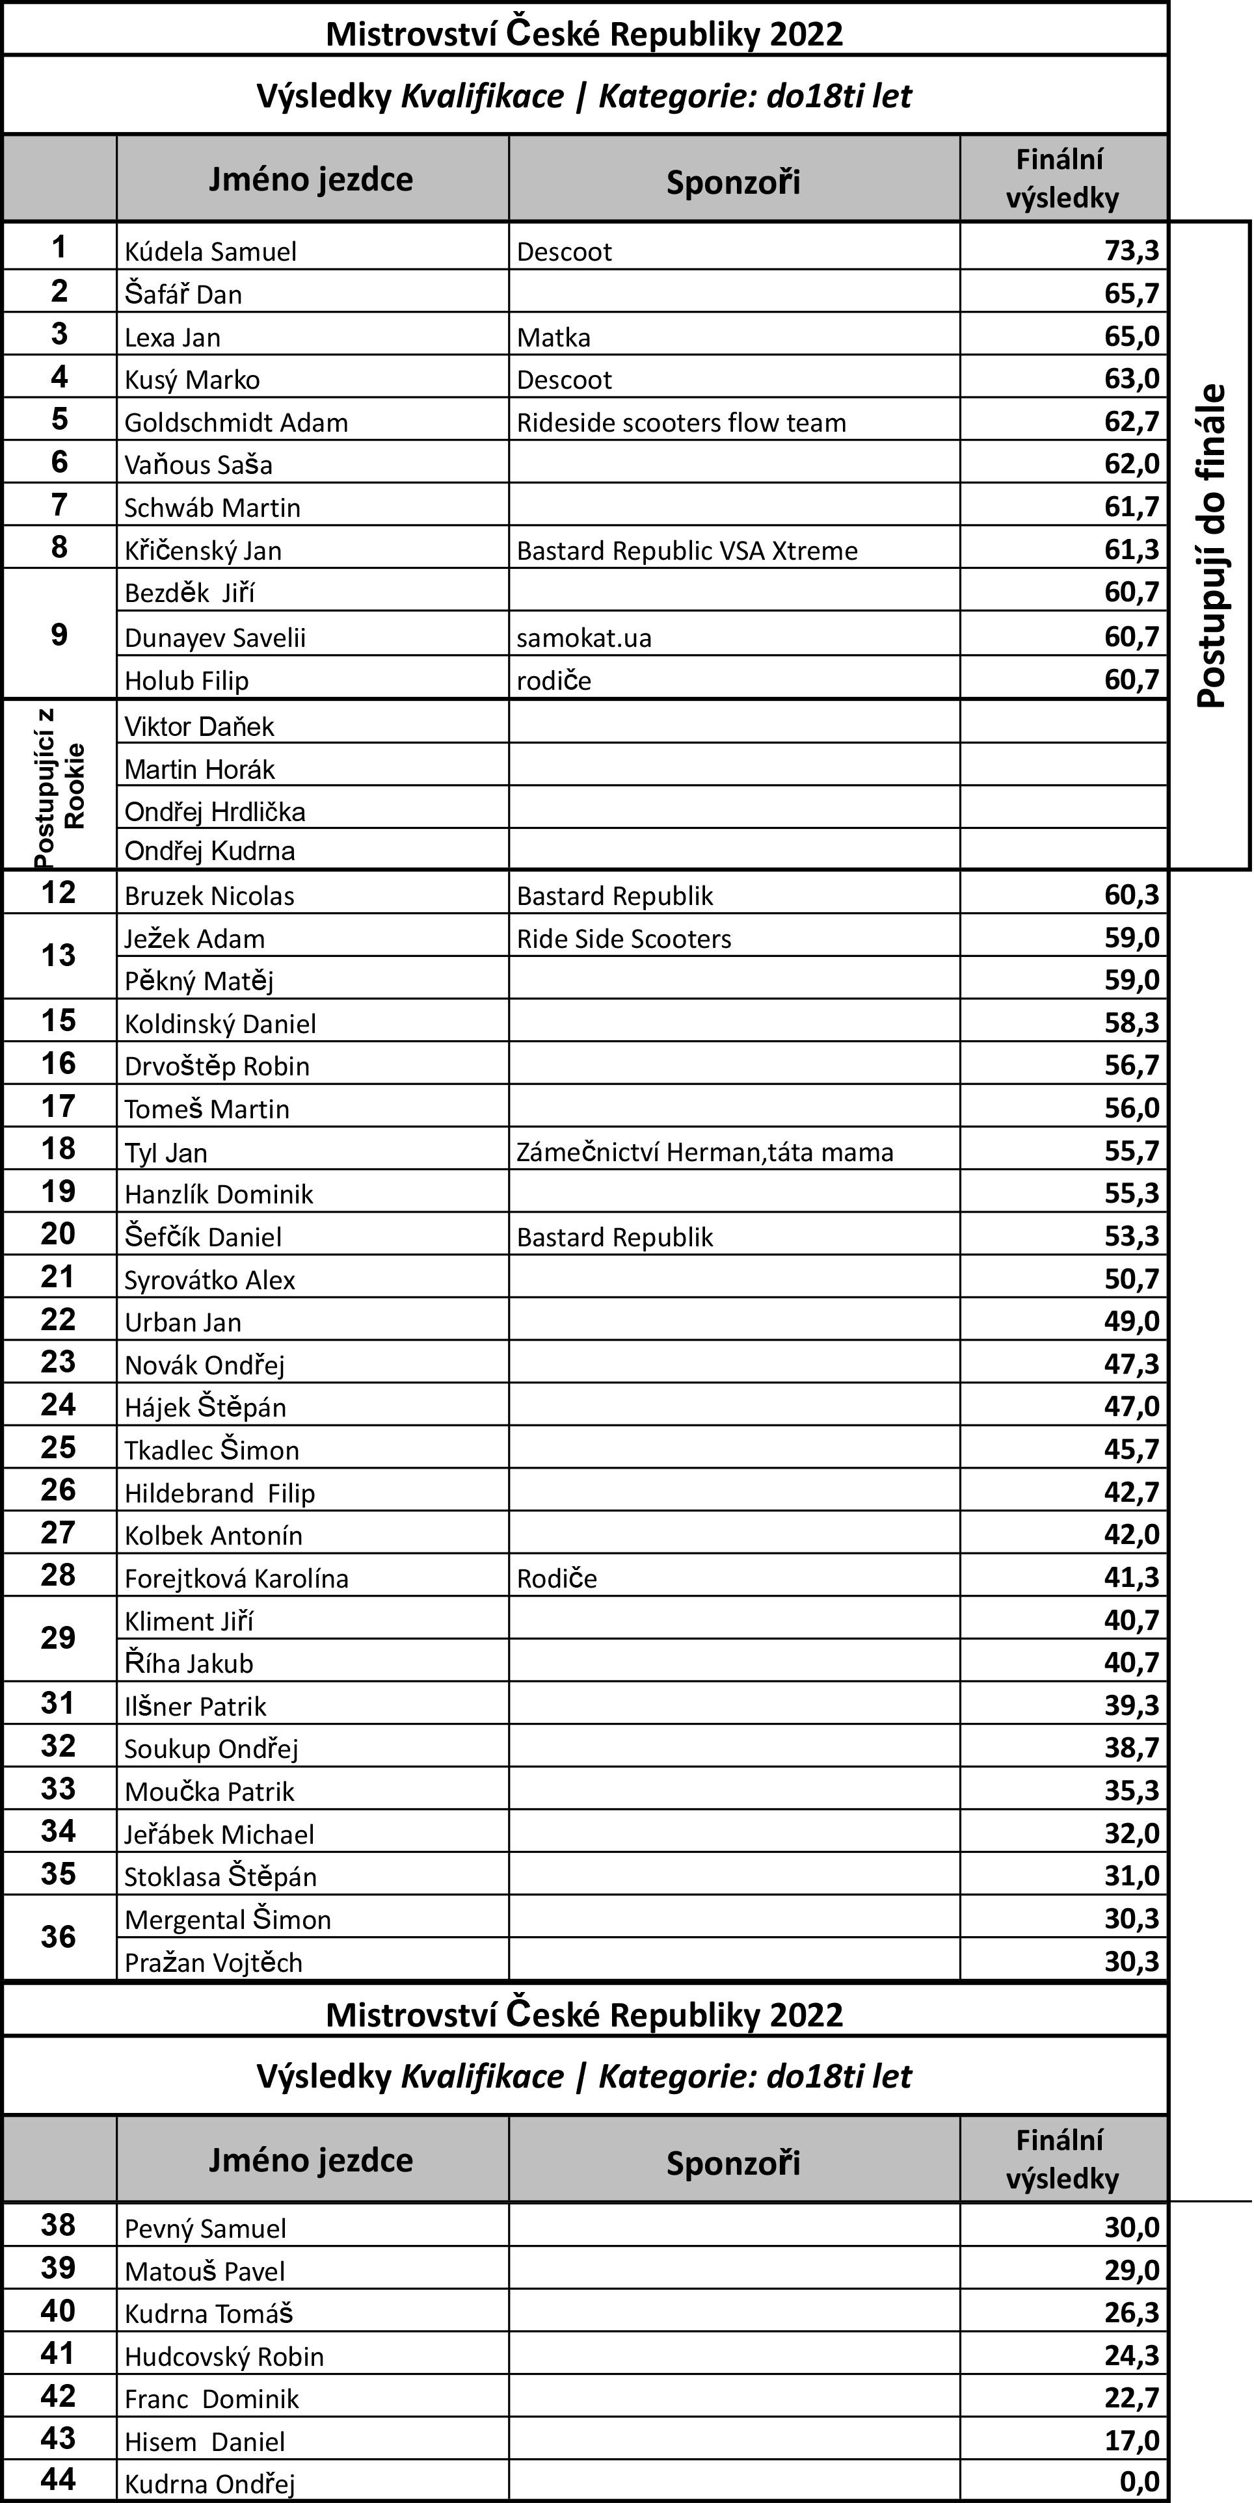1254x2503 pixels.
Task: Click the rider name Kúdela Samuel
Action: coord(210,252)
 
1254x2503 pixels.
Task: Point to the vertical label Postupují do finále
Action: coord(1210,546)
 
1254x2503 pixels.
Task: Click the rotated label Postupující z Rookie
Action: coord(59,785)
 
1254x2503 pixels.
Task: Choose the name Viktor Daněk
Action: coord(198,727)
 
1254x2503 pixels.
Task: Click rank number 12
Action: coord(59,892)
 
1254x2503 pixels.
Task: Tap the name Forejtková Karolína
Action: coord(235,1578)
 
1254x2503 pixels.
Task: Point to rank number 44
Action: coord(59,2479)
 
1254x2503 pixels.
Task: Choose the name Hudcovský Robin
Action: coord(224,2356)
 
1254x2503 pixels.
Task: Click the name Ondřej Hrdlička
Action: coord(214,811)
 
